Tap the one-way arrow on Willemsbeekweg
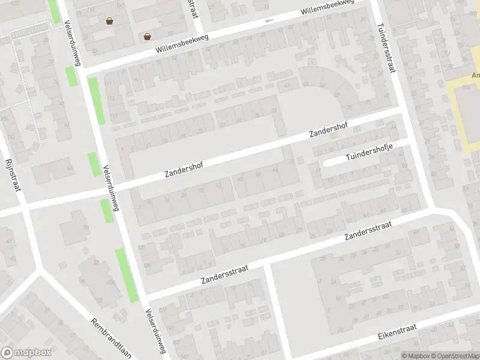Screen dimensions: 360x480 point(269,21)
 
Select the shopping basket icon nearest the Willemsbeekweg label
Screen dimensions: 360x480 point(147,36)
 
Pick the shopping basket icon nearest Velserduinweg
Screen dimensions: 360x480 point(109,21)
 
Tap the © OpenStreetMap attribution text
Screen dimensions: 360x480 point(454,356)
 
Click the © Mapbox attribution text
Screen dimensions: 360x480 point(416,356)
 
